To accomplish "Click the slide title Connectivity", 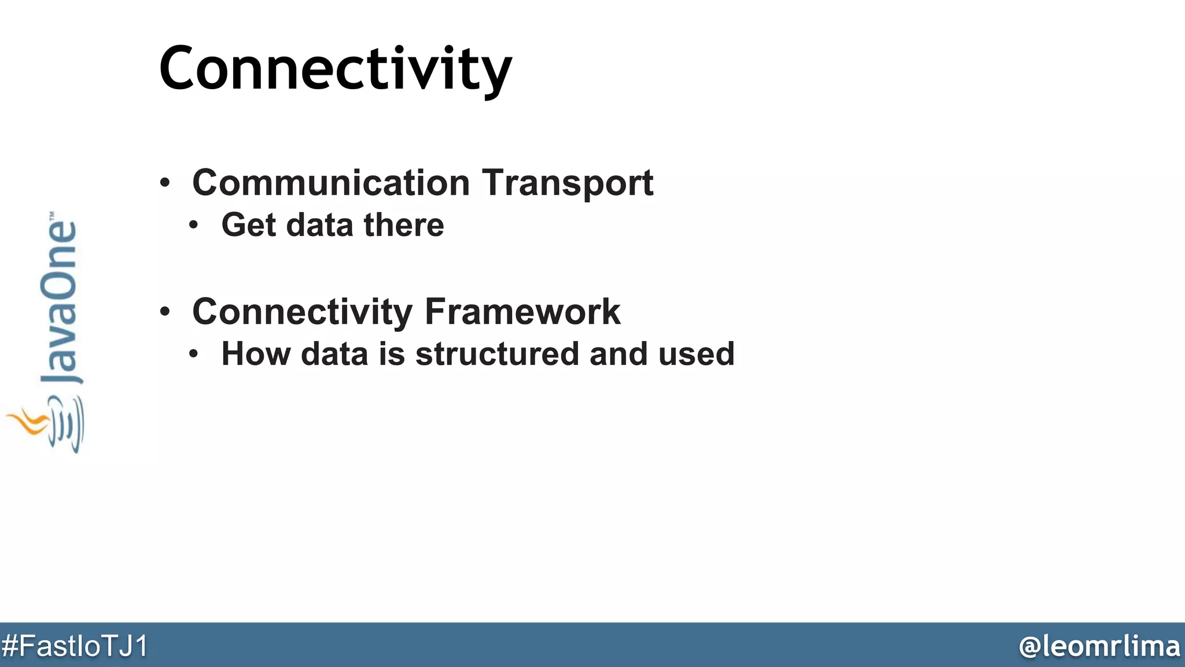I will [335, 68].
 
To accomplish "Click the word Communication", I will [330, 183].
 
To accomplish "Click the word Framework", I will [522, 312].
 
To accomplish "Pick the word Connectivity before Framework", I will [301, 313].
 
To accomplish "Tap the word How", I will [256, 354].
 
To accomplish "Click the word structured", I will [496, 354].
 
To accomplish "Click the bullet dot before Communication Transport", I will [165, 183].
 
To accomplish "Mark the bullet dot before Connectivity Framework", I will [165, 312].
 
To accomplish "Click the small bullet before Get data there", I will [194, 225].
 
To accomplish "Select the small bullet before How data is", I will [194, 354].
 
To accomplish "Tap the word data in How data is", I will [334, 354].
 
